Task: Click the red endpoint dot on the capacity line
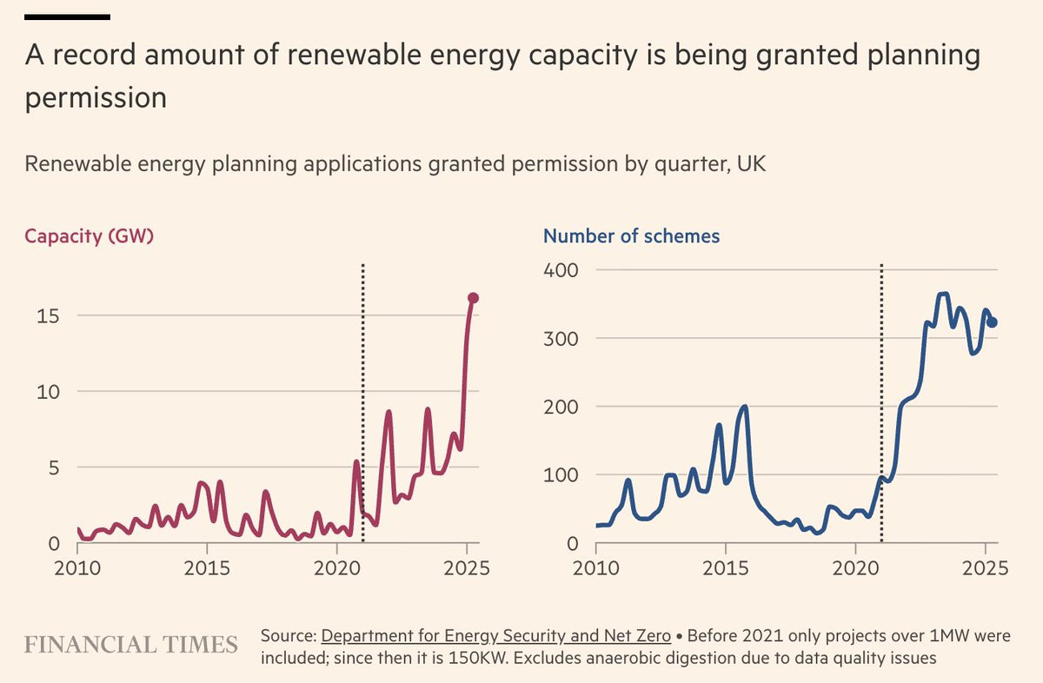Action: click(x=473, y=298)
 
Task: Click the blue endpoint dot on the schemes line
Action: click(x=993, y=322)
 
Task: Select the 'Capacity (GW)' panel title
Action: click(x=89, y=236)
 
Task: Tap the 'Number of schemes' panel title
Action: click(x=631, y=236)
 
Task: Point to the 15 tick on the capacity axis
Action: click(x=48, y=316)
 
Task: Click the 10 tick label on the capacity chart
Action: click(x=48, y=393)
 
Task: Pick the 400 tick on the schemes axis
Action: click(x=561, y=270)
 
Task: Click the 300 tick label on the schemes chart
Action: click(x=561, y=339)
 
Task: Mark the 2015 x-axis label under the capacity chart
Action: click(x=207, y=568)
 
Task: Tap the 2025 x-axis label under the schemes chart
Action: click(x=986, y=568)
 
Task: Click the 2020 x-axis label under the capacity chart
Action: click(x=336, y=568)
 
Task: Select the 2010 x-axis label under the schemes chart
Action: click(x=596, y=568)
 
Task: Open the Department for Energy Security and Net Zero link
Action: click(x=496, y=636)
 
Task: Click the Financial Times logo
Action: click(x=131, y=645)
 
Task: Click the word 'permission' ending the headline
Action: click(x=96, y=98)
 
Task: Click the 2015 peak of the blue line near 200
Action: click(x=745, y=407)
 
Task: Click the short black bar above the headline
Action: click(x=67, y=17)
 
